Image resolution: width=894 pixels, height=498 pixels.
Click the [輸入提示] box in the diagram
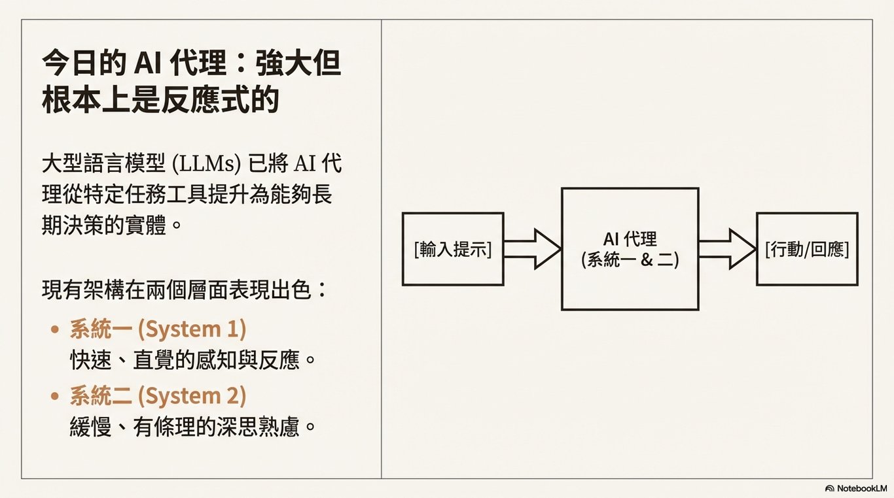coord(453,249)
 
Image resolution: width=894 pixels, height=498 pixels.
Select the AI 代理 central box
coord(630,248)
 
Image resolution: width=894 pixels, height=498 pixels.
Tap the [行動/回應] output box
coord(807,249)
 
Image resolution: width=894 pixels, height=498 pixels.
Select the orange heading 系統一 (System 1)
coord(158,329)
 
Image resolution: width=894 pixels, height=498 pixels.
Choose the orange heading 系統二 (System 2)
coord(158,396)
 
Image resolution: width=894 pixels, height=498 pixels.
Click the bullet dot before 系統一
coord(56,329)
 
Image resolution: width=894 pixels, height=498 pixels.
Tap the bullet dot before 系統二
coord(56,397)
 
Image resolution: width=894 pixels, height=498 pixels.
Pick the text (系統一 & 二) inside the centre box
coord(630,259)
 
